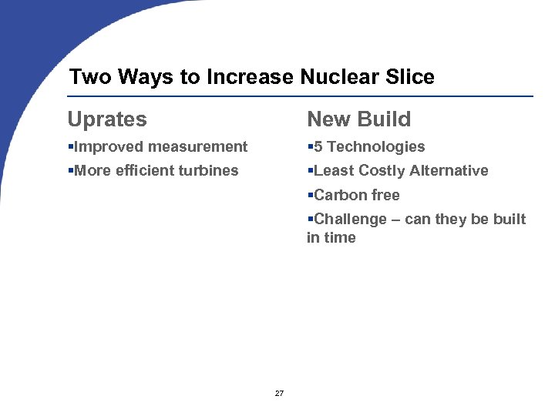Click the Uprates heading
tap(107, 120)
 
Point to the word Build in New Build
tap(386, 120)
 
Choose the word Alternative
tap(453, 171)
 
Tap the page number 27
tap(279, 394)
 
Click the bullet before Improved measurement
tap(71, 147)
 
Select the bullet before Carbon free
tap(310, 196)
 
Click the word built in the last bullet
tap(510, 220)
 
